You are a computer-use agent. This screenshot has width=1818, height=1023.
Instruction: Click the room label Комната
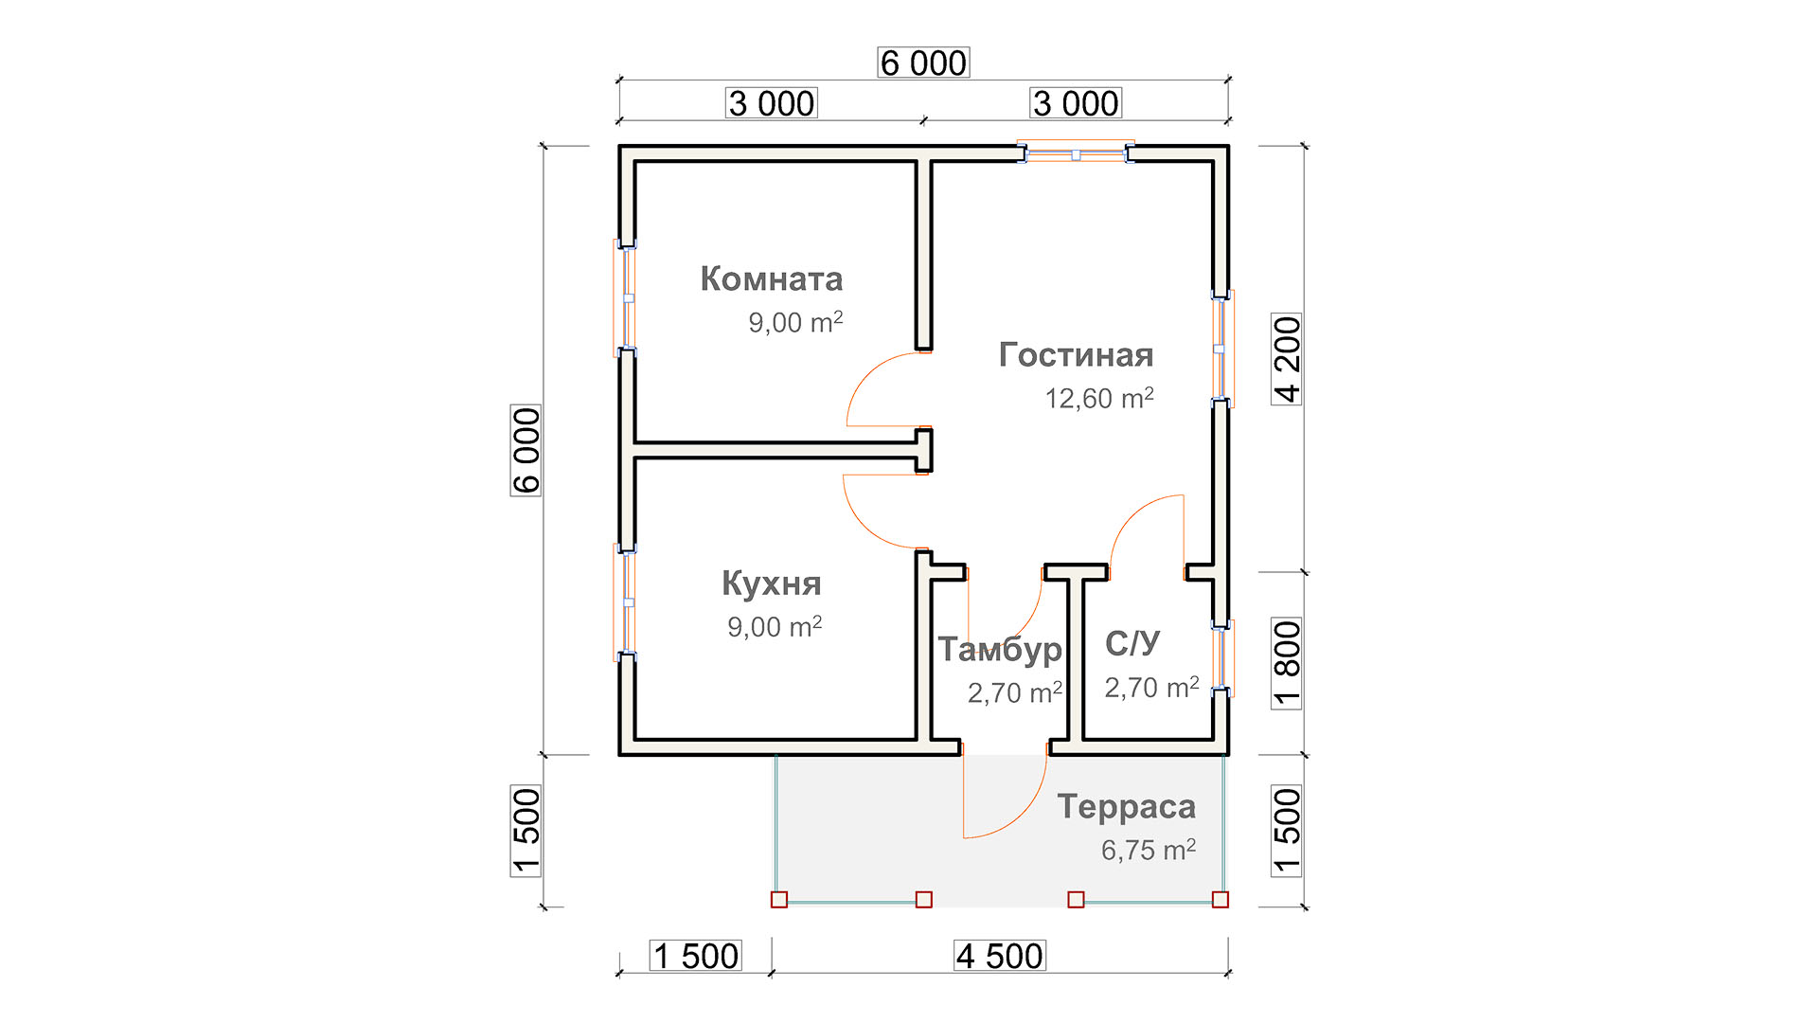tap(772, 278)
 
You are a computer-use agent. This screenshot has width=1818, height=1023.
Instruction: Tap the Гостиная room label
tap(1077, 354)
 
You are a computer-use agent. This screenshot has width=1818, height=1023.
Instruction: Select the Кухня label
tap(772, 583)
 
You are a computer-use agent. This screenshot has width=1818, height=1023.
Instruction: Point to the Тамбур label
tap(1000, 650)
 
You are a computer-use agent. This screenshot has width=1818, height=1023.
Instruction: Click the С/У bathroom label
tap(1132, 643)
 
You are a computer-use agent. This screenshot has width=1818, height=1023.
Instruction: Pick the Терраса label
tap(1127, 807)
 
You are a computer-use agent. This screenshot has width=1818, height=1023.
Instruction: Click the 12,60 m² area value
tap(1099, 398)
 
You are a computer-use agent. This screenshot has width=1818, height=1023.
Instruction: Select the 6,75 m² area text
tap(1149, 850)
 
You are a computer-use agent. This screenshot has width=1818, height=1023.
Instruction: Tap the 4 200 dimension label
tap(1287, 359)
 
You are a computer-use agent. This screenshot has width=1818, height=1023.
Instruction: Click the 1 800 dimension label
tap(1287, 663)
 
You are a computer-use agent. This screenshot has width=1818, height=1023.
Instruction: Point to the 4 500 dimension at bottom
tap(1000, 956)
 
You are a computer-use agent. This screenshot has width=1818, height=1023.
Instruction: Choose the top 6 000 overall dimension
tap(923, 63)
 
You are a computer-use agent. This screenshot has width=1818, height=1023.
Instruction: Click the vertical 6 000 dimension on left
tap(526, 450)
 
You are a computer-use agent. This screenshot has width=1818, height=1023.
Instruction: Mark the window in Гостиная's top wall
tap(1076, 153)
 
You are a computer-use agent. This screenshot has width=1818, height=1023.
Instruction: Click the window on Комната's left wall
tap(626, 298)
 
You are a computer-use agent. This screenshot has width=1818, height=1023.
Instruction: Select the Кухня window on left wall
tap(626, 602)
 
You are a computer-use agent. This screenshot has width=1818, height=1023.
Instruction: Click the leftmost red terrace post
tap(779, 900)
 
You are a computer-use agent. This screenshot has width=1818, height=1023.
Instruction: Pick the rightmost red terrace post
tap(1221, 900)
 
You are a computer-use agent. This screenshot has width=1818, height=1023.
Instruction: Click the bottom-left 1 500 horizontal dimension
tap(696, 956)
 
